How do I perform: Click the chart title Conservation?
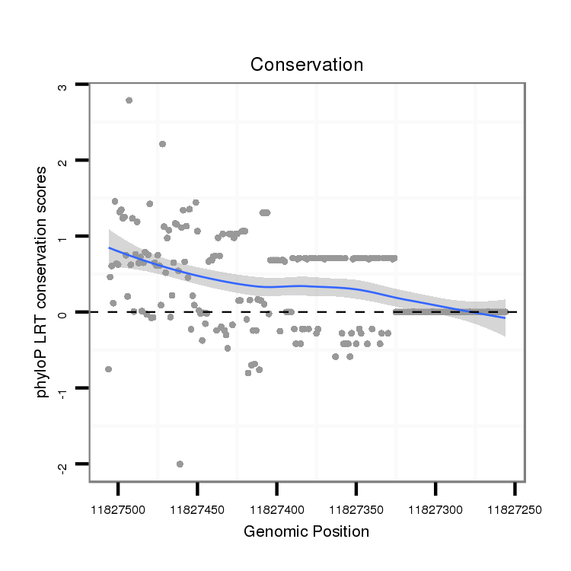[x=307, y=65]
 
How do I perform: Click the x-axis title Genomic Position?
[x=306, y=531]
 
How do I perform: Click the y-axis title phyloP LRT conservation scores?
[x=45, y=282]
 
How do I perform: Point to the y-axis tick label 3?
[x=63, y=86]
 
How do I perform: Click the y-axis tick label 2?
[x=63, y=161]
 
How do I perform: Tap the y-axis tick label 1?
[x=63, y=237]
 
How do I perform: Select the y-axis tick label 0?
[x=63, y=313]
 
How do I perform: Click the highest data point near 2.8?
[x=129, y=100]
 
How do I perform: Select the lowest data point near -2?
[x=180, y=464]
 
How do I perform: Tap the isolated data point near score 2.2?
[x=162, y=144]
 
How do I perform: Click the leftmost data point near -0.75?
[x=108, y=369]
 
